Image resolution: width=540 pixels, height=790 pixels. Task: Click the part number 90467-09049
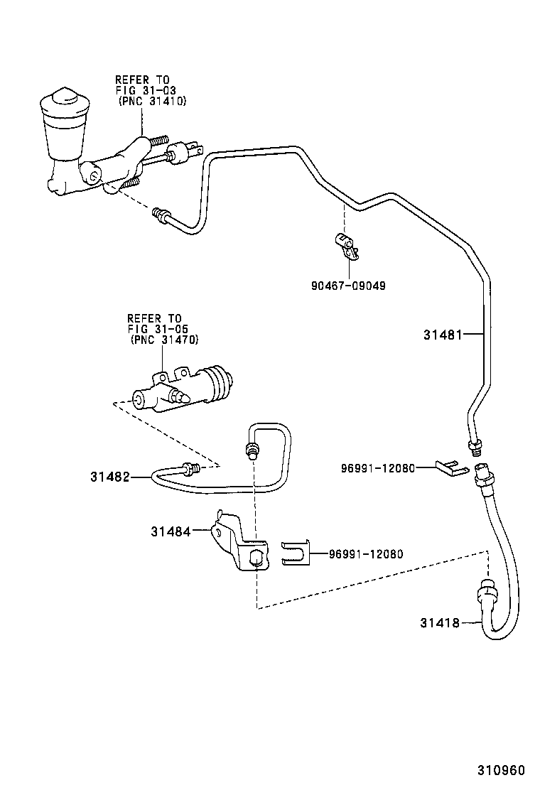[348, 286]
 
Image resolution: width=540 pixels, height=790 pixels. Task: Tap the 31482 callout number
[109, 477]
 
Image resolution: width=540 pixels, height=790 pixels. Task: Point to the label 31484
[170, 530]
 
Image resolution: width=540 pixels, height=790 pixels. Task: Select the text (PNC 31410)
[151, 102]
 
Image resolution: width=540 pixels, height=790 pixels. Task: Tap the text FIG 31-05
[154, 329]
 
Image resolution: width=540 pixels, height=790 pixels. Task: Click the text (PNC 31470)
[164, 340]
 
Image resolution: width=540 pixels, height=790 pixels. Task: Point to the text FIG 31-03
[146, 91]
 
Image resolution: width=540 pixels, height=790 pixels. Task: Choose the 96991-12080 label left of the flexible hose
[377, 467]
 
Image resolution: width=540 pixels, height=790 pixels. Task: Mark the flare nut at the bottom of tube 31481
[474, 447]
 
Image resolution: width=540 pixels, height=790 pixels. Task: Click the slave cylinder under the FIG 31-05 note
[183, 389]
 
